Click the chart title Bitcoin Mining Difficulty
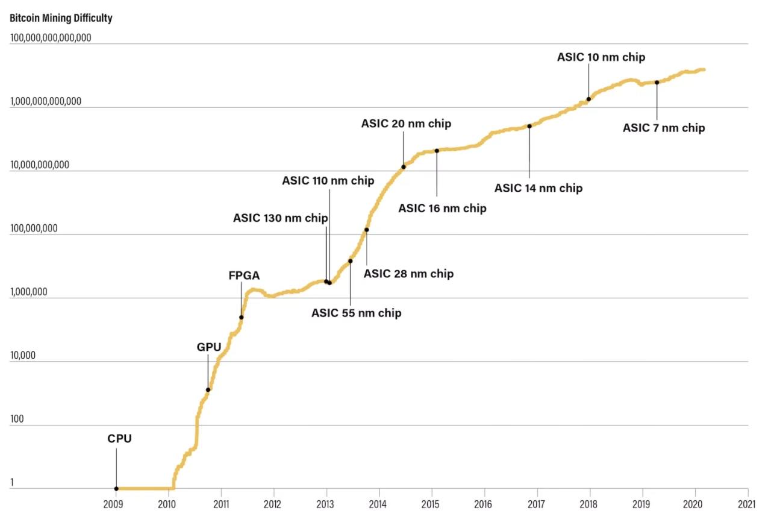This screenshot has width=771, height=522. (61, 18)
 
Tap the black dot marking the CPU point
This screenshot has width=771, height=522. (116, 488)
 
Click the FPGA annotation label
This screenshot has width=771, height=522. (244, 275)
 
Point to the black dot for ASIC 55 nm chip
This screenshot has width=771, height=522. (350, 261)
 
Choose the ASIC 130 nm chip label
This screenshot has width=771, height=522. (281, 218)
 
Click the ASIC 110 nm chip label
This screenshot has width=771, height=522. (328, 180)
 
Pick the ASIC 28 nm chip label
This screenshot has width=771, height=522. (409, 274)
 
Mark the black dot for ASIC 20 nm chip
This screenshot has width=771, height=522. (404, 166)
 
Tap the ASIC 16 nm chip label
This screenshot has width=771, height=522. (443, 209)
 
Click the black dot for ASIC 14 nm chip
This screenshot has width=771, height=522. (529, 126)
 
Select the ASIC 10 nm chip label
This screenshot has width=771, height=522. (601, 57)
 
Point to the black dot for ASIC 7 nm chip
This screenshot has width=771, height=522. (657, 83)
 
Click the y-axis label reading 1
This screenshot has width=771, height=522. (13, 482)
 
